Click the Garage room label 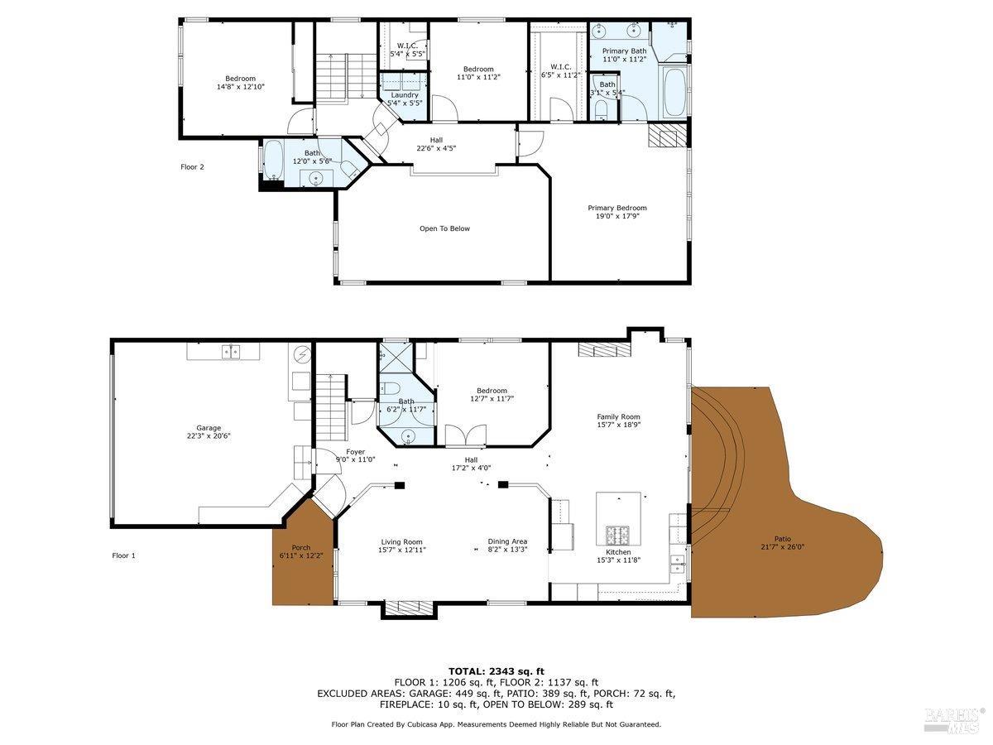coord(209,429)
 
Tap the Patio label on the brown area coord(782,539)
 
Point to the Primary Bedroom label coord(617,208)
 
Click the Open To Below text coord(444,228)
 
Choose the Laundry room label coord(405,95)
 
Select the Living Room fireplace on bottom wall coord(409,608)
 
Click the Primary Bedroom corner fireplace coord(667,135)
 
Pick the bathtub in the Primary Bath coord(674,94)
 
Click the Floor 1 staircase coord(330,398)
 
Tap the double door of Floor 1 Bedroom coord(455,435)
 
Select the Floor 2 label coord(192,167)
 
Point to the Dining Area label coord(507,542)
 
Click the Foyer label coord(355,452)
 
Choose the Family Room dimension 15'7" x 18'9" coord(619,425)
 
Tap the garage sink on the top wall coord(231,352)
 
